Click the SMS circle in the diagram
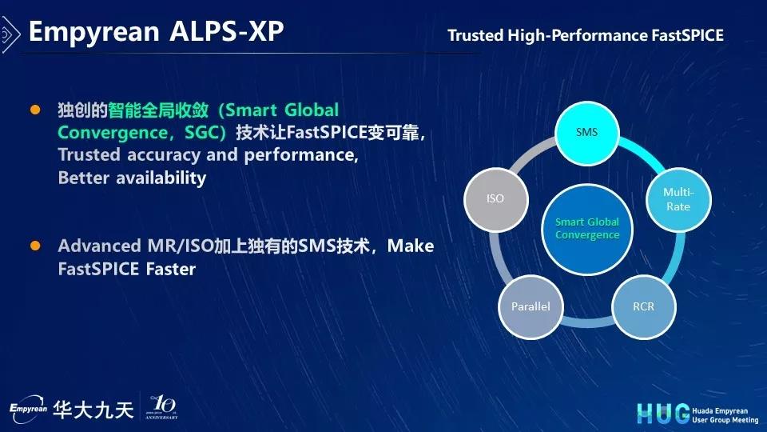pyautogui.click(x=586, y=134)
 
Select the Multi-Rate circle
pyautogui.click(x=678, y=199)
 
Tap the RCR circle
pyautogui.click(x=643, y=306)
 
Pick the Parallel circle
pyautogui.click(x=531, y=306)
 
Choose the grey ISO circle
pyautogui.click(x=495, y=199)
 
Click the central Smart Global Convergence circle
pyautogui.click(x=587, y=230)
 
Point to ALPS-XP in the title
pyautogui.click(x=226, y=31)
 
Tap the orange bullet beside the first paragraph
pyautogui.click(x=35, y=110)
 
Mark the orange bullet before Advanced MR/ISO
pyautogui.click(x=35, y=245)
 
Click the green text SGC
pyautogui.click(x=200, y=132)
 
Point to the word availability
pyautogui.click(x=161, y=178)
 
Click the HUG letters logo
pyautogui.click(x=663, y=414)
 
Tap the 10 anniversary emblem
pyautogui.click(x=161, y=407)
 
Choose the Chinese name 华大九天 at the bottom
pyautogui.click(x=93, y=410)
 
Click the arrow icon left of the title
pyautogui.click(x=10, y=34)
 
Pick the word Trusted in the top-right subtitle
pyautogui.click(x=475, y=35)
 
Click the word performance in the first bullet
pyautogui.click(x=301, y=155)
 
